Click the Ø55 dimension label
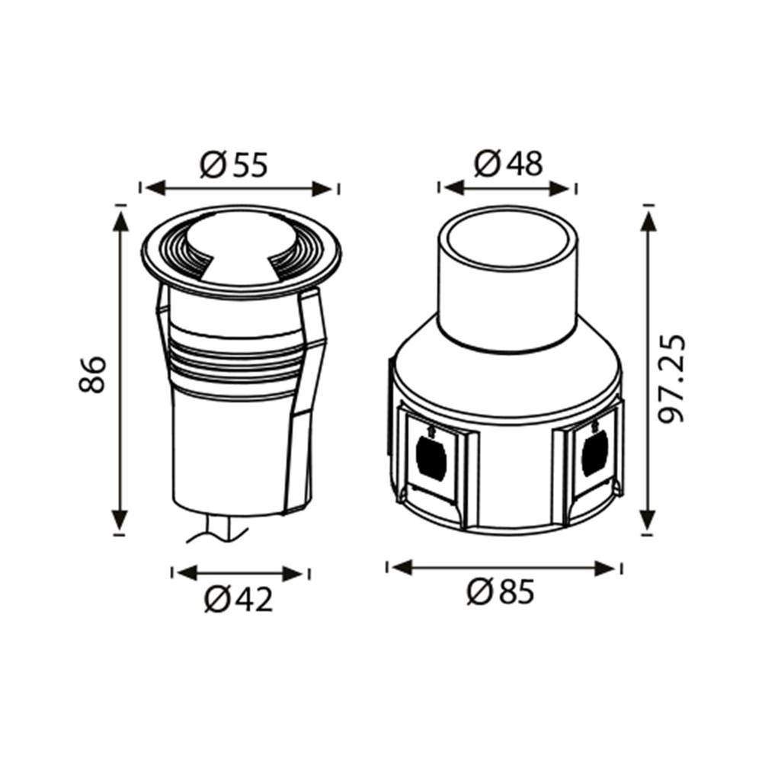(x=234, y=165)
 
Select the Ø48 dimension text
(x=507, y=163)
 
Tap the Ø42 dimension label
(x=238, y=601)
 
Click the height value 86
(x=93, y=373)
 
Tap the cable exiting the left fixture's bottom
(x=221, y=530)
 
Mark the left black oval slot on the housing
(x=428, y=456)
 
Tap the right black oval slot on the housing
(x=593, y=454)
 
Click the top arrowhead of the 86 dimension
(x=120, y=221)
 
